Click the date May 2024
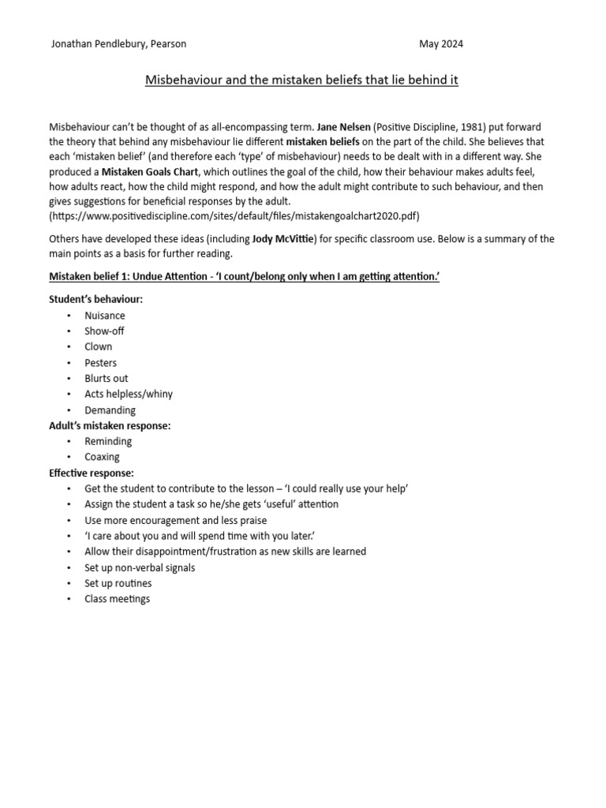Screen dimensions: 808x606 pos(440,44)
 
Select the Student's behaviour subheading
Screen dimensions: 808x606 pos(96,300)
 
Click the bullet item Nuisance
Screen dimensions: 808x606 pos(105,316)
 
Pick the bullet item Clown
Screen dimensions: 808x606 pos(99,346)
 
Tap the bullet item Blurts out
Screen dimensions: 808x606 pos(107,378)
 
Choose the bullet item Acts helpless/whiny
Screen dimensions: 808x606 pos(129,394)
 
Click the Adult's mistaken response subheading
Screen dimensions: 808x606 pos(110,425)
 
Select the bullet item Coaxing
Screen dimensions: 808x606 pos(103,457)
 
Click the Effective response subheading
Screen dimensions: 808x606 pos(92,473)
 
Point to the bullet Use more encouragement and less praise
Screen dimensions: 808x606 pos(176,520)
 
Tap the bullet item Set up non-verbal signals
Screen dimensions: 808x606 pos(140,567)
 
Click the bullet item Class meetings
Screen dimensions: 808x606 pos(118,599)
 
